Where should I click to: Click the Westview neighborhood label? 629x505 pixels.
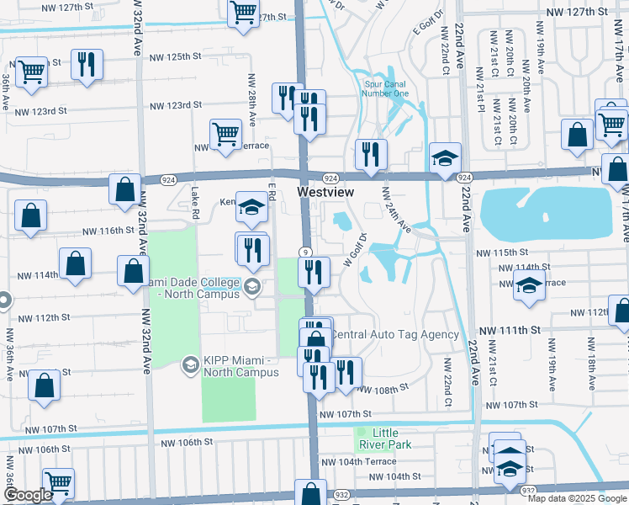(x=326, y=193)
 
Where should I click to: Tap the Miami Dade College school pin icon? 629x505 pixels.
(x=251, y=289)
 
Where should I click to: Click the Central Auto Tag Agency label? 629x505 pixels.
(x=396, y=334)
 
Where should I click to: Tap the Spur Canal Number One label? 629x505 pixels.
(x=386, y=88)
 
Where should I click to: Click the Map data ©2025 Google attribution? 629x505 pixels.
(x=577, y=498)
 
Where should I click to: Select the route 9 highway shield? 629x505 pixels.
(x=306, y=252)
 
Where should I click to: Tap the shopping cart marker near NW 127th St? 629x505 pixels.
(x=243, y=13)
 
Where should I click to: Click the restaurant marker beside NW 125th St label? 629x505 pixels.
(x=87, y=64)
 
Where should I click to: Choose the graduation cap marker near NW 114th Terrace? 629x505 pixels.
(x=528, y=284)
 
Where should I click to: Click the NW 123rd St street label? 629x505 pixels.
(x=176, y=105)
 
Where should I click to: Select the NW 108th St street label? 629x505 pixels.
(x=381, y=390)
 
